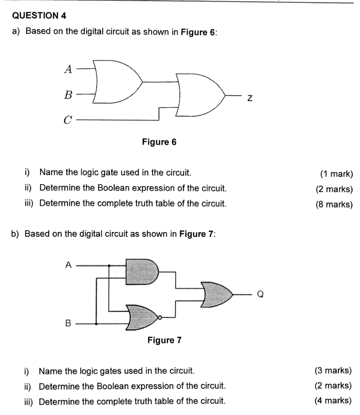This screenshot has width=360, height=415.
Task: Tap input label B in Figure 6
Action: (x=68, y=95)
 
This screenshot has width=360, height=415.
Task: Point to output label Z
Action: (x=249, y=98)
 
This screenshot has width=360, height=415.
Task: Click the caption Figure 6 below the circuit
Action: (x=159, y=142)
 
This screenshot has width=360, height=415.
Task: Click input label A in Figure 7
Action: (x=69, y=264)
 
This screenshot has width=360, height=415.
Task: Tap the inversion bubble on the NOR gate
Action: (x=160, y=319)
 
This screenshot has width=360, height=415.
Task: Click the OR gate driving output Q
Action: (x=216, y=294)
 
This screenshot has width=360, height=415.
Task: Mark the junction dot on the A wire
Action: (x=109, y=265)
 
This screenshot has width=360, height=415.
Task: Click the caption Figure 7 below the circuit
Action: (x=165, y=341)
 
